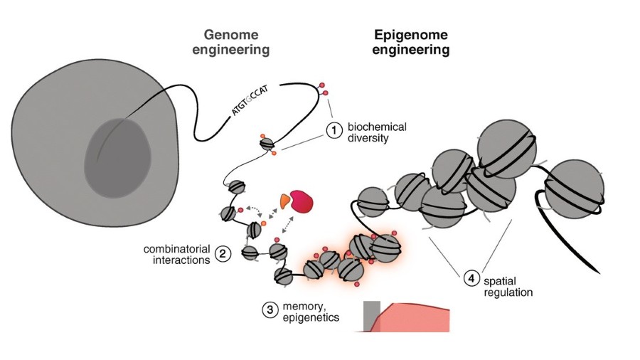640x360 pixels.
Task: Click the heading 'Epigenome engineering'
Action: click(412, 42)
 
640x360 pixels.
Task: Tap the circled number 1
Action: click(334, 131)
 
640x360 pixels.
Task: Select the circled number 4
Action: click(471, 279)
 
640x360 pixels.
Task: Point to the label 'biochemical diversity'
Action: click(377, 132)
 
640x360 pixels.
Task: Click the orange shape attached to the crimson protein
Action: click(285, 202)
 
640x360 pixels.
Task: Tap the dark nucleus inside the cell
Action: click(118, 152)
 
